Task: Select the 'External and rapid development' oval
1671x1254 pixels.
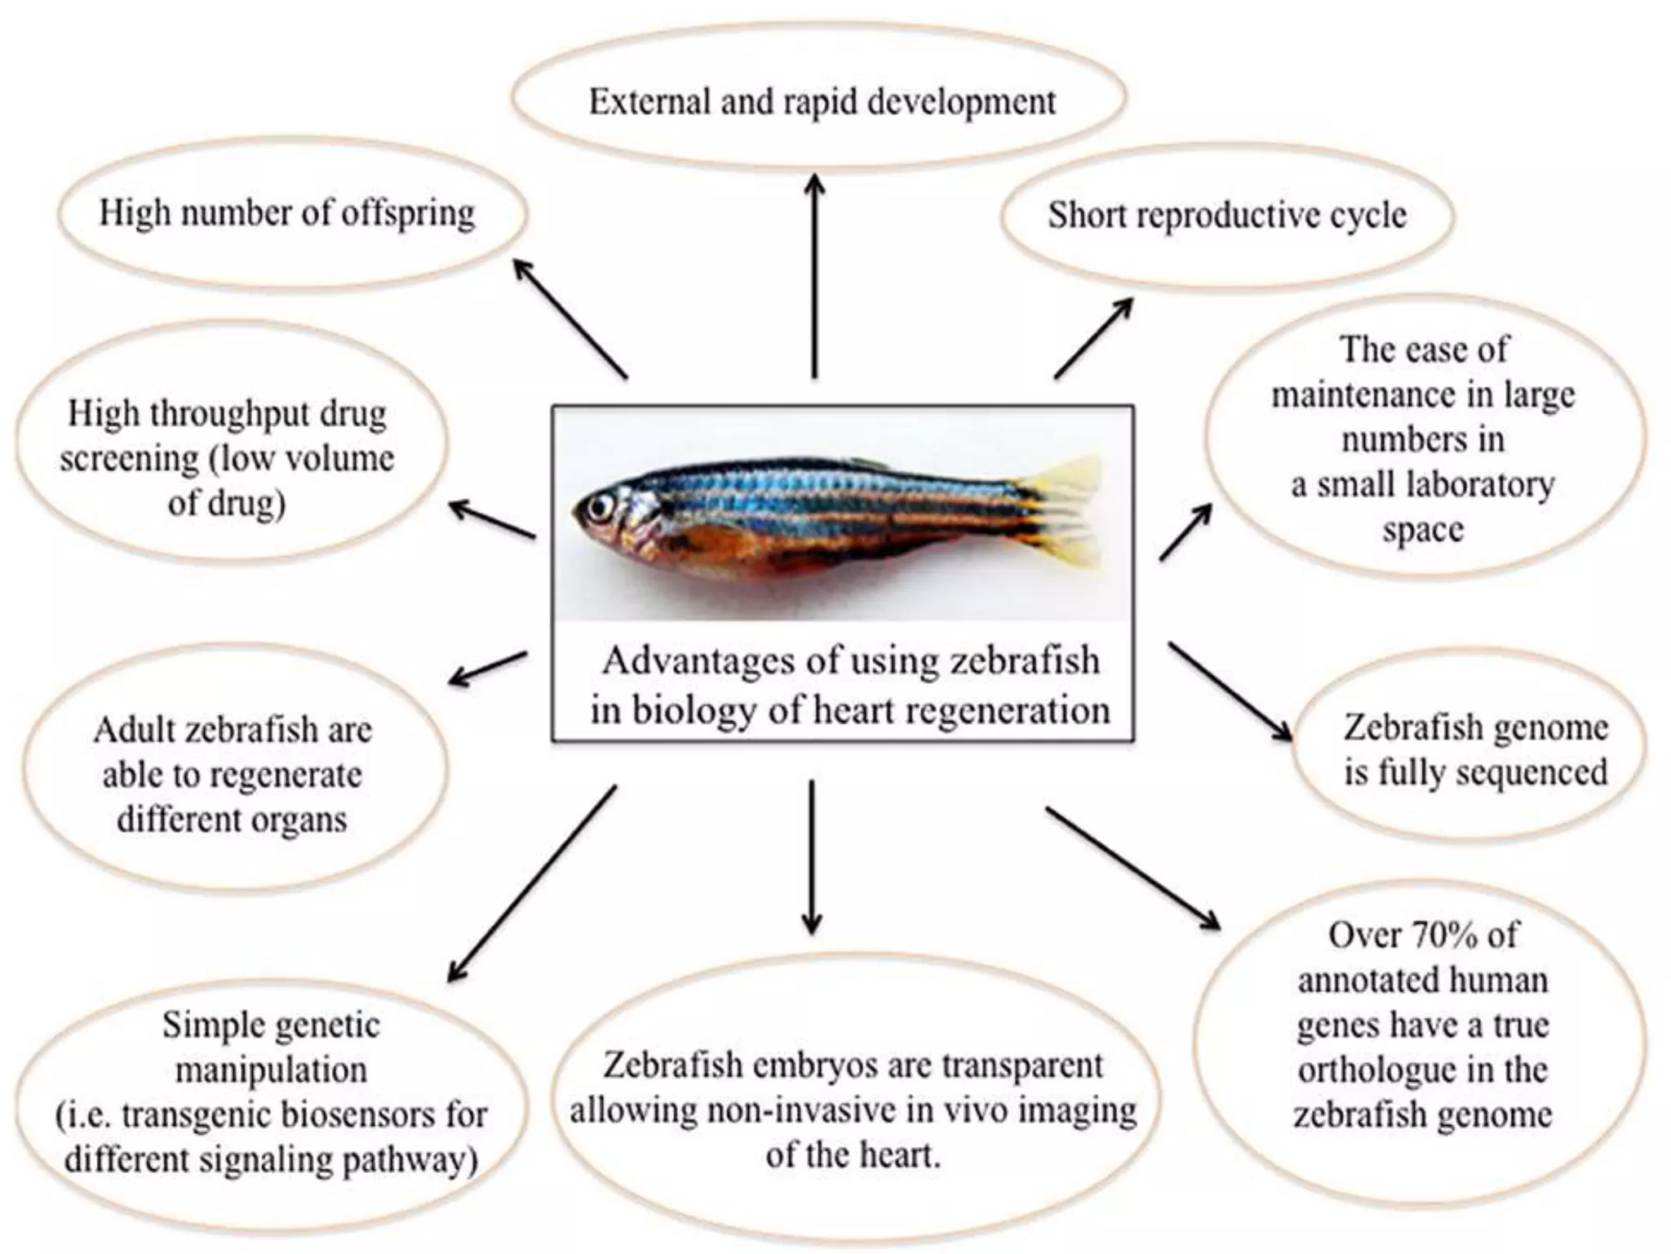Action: (820, 101)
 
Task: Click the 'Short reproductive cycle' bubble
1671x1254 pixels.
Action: (1226, 215)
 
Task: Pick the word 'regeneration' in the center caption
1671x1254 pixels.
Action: (1008, 710)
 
